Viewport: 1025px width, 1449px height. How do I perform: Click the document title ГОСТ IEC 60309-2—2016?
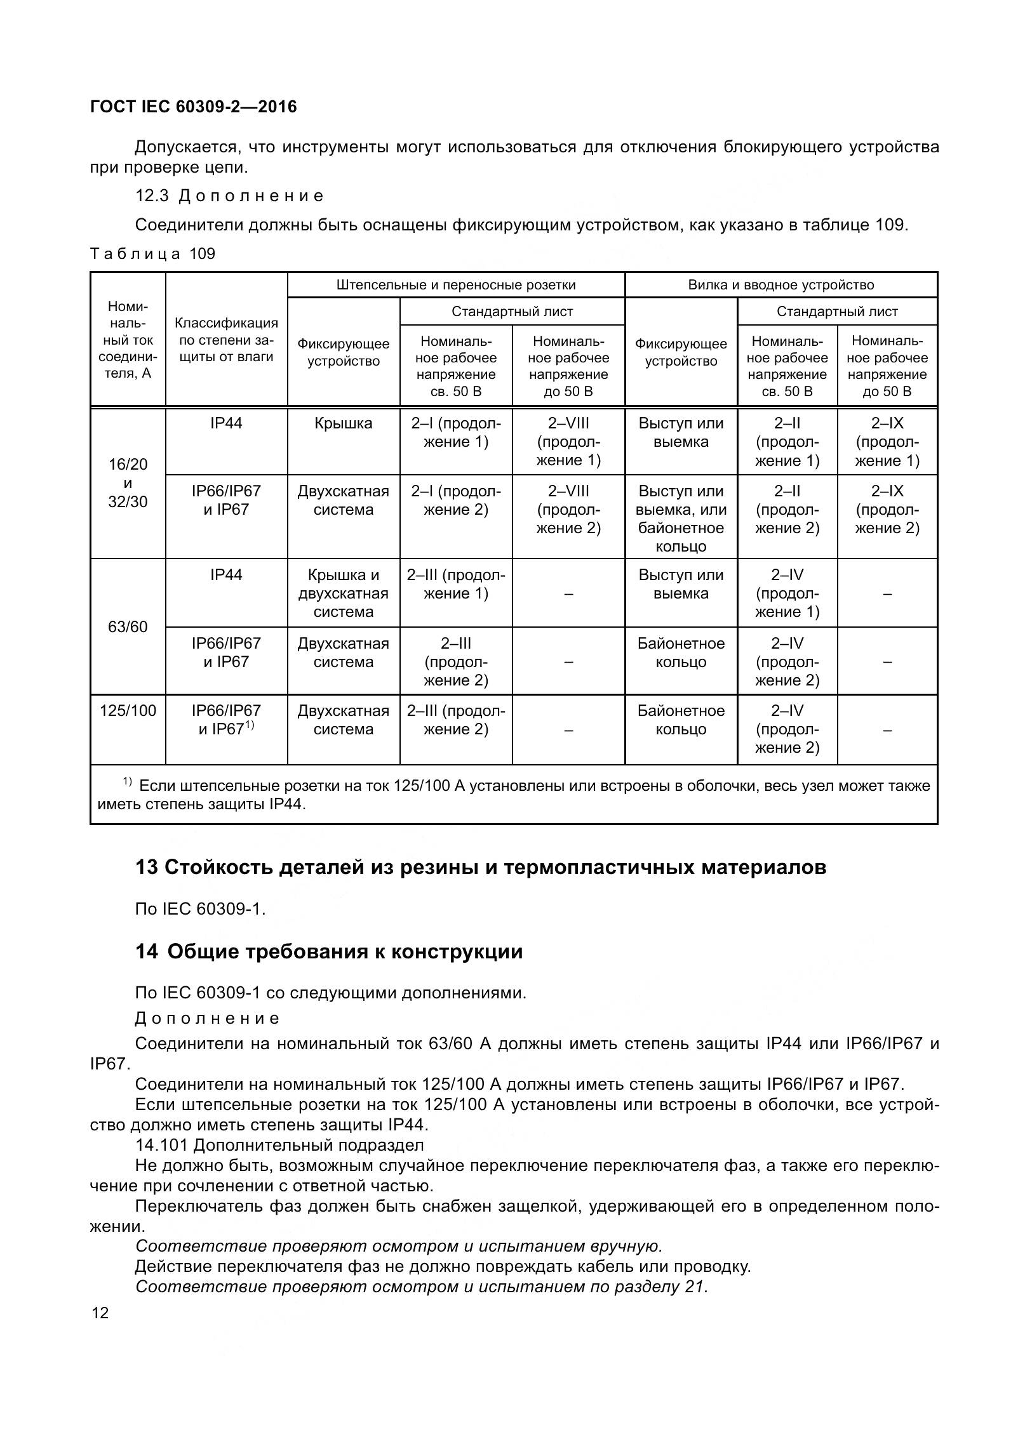194,107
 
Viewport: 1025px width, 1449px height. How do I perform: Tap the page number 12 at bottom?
100,1313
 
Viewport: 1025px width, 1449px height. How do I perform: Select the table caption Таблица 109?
153,255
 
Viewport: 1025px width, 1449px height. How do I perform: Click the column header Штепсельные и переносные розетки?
455,285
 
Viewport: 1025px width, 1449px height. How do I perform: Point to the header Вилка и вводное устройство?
780,285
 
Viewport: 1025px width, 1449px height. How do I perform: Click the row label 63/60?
128,627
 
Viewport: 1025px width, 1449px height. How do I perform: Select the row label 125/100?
128,711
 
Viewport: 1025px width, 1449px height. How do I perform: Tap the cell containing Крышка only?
343,424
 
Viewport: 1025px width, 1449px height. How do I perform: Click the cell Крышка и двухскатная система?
343,593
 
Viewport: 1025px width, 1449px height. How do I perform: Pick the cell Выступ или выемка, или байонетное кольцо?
681,519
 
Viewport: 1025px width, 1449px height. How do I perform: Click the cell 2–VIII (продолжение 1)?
568,442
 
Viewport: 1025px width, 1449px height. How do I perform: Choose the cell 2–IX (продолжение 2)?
887,510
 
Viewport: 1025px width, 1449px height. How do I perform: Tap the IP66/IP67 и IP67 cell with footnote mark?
226,720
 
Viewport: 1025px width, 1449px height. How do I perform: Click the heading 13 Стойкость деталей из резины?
480,867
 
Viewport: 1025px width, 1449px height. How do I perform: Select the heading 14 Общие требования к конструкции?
329,951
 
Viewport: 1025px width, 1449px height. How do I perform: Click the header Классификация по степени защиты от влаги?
226,340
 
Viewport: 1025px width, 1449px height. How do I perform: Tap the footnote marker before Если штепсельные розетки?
127,782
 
